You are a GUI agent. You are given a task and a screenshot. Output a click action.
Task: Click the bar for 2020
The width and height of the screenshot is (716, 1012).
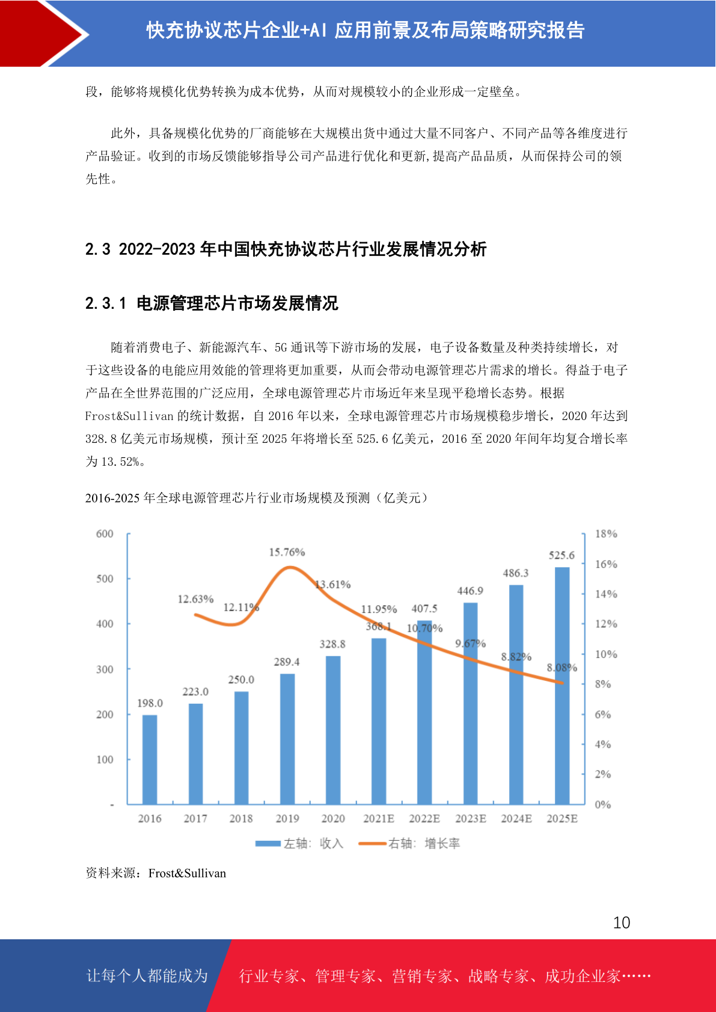coord(333,730)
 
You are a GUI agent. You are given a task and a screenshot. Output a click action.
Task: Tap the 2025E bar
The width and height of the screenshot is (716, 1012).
coord(562,685)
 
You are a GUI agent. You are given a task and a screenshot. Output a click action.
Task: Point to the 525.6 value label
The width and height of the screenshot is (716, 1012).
coord(561,555)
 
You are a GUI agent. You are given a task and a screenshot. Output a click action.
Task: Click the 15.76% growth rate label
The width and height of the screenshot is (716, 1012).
coord(287,552)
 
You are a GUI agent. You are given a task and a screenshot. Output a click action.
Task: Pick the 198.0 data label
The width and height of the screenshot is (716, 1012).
coord(150,703)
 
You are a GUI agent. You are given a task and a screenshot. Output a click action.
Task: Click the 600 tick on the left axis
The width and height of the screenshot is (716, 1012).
coord(105,534)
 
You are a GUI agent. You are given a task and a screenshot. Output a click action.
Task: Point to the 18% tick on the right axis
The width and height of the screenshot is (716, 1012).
coord(606,534)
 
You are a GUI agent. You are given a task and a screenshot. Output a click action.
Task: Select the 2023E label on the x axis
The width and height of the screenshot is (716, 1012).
coord(471,818)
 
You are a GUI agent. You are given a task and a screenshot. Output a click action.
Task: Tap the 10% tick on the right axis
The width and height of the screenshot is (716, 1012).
coord(606,654)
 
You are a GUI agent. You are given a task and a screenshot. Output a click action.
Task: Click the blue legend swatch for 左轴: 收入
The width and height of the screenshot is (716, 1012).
coord(268,844)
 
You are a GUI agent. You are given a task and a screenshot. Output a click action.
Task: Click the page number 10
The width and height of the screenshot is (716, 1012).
coord(622,922)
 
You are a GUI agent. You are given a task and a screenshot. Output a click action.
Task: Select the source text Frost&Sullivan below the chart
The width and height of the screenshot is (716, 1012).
coord(187,873)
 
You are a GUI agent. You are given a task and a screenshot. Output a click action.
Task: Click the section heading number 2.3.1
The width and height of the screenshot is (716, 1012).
coord(106,303)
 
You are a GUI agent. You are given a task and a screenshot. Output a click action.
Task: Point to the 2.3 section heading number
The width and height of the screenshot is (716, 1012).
coord(97,249)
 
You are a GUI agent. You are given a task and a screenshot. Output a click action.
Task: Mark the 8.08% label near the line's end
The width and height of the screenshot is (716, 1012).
coord(561,668)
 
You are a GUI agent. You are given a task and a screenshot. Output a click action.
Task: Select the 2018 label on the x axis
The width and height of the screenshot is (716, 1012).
coord(241,818)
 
